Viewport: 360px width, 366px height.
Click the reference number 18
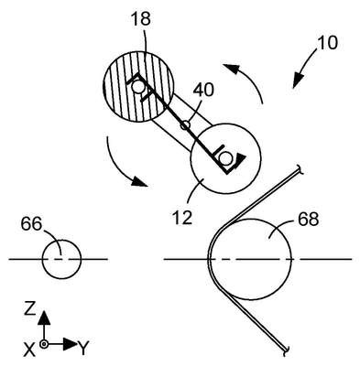(x=141, y=18)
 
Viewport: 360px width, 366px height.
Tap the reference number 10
(x=328, y=43)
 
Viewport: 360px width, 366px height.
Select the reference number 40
(x=203, y=91)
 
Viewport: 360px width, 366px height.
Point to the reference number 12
(x=182, y=218)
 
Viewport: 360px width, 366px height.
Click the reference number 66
(x=31, y=224)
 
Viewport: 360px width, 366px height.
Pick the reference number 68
(x=309, y=219)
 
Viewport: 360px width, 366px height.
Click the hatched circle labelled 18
(x=138, y=86)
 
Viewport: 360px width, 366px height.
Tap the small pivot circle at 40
(x=185, y=125)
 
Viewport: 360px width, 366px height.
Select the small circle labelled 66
(x=61, y=259)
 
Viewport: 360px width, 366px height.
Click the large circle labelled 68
(x=251, y=259)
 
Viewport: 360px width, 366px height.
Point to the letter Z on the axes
(x=30, y=309)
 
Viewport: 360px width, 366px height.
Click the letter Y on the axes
(x=83, y=349)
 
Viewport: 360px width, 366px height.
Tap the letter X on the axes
(x=29, y=350)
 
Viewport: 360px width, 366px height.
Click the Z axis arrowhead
(x=45, y=318)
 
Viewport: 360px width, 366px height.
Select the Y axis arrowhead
(x=71, y=344)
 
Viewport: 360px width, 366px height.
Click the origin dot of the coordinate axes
(x=45, y=344)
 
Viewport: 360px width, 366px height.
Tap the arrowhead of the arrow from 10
(x=297, y=81)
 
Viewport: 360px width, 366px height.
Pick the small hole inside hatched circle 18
(x=138, y=87)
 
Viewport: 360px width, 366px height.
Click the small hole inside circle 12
(x=226, y=158)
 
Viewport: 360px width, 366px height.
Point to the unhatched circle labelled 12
(x=225, y=158)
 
